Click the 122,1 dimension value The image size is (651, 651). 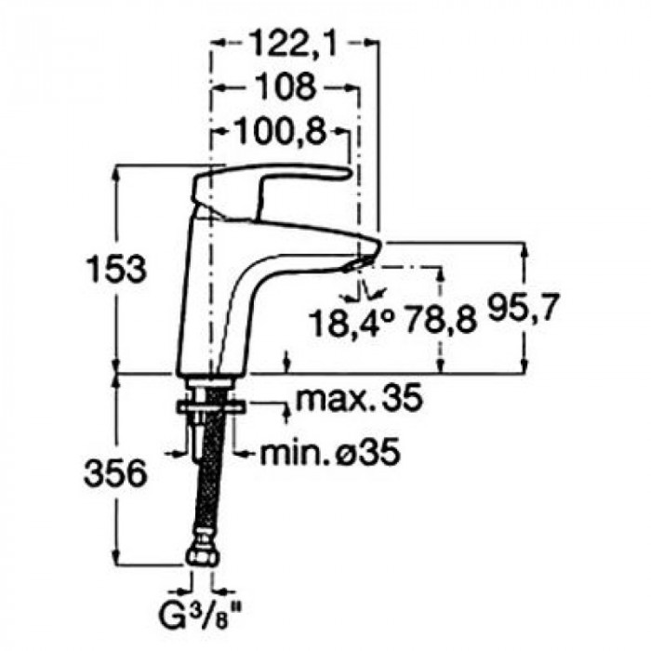click(x=294, y=43)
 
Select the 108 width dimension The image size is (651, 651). click(x=286, y=86)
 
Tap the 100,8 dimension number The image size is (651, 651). click(x=280, y=132)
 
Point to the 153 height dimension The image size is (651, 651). click(x=116, y=268)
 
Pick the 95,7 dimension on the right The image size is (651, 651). click(x=522, y=308)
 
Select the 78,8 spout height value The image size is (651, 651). click(x=441, y=320)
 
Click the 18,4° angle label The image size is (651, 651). click(x=352, y=323)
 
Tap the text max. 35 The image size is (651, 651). click(x=359, y=398)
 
